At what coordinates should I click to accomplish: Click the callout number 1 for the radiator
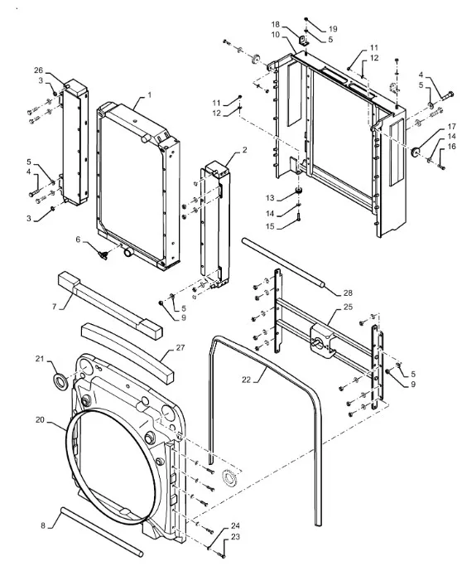(149, 95)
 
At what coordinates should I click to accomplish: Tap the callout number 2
(244, 150)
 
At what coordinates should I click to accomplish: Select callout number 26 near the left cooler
(39, 70)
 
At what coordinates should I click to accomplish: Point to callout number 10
(276, 35)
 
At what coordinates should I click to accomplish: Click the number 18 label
(276, 24)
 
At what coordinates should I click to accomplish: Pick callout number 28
(348, 293)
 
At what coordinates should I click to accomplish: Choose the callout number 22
(246, 380)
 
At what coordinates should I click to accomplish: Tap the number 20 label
(40, 420)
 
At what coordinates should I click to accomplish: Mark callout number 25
(348, 307)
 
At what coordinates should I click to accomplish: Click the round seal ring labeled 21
(60, 380)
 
